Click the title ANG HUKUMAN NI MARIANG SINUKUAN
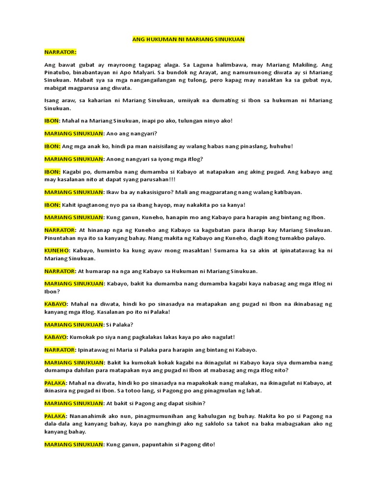coord(188,39)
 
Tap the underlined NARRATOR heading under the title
coord(61,52)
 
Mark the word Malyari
coord(142,73)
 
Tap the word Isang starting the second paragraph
coord(53,100)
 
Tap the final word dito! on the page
coord(205,445)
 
